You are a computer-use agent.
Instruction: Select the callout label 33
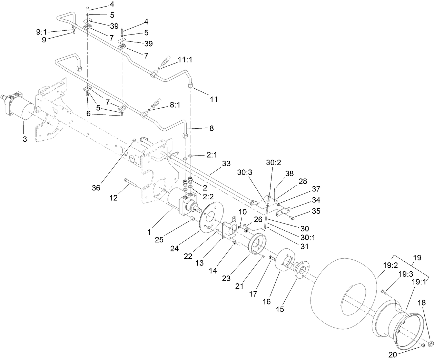226,164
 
